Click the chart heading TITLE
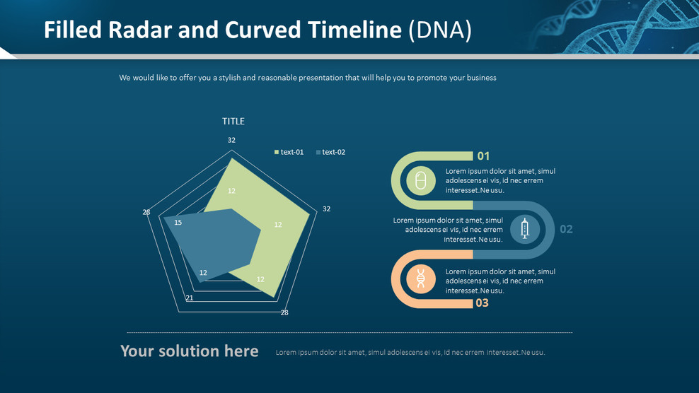[x=233, y=122]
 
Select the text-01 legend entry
[x=289, y=152]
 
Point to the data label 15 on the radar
[x=178, y=223]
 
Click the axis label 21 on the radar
[x=190, y=298]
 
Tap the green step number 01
[x=483, y=156]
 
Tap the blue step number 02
[x=566, y=229]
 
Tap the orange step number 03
[x=482, y=303]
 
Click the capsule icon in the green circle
[x=421, y=181]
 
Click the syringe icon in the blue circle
[x=524, y=229]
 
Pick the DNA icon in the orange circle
[x=421, y=279]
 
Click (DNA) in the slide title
[x=440, y=30]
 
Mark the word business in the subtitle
[x=480, y=78]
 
